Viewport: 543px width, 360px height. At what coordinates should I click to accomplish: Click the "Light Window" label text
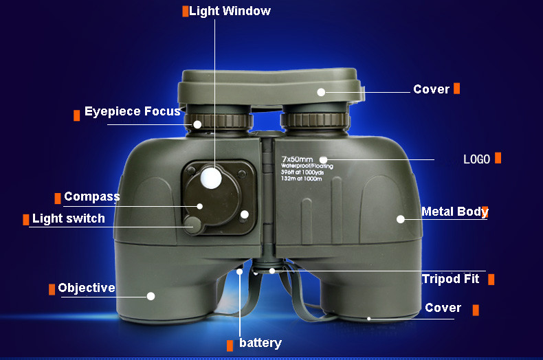(x=230, y=11)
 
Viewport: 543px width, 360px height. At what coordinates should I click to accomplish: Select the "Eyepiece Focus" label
(x=133, y=111)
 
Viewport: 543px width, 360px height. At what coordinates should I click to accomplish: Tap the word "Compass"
(x=92, y=196)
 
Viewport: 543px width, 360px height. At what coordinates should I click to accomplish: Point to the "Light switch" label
(x=69, y=218)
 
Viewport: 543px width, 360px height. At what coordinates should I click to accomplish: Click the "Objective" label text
(x=87, y=288)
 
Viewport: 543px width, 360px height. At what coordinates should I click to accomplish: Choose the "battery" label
(x=261, y=343)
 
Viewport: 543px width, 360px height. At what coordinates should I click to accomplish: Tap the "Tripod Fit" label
(x=450, y=279)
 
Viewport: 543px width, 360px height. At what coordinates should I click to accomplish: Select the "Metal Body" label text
(x=455, y=212)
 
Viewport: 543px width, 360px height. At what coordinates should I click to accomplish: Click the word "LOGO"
(x=477, y=159)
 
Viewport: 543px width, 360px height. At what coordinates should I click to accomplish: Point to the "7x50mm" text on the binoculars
(x=297, y=159)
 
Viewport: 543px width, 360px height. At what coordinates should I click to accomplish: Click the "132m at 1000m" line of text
(x=302, y=179)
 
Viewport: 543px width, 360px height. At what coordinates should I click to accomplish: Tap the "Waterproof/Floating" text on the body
(x=307, y=166)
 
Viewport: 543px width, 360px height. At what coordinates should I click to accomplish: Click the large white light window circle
(x=211, y=178)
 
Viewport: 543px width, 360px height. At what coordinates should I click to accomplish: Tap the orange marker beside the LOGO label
(x=498, y=158)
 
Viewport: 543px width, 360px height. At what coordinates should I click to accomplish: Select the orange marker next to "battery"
(x=230, y=346)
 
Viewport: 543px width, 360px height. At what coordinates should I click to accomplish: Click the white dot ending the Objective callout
(x=151, y=296)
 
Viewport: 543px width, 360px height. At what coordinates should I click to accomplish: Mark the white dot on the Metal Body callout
(x=401, y=219)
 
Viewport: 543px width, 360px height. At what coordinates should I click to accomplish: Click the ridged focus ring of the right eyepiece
(x=315, y=120)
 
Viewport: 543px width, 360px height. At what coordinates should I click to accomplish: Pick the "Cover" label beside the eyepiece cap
(x=431, y=89)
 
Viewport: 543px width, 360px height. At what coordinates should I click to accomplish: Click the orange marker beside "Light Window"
(x=186, y=11)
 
